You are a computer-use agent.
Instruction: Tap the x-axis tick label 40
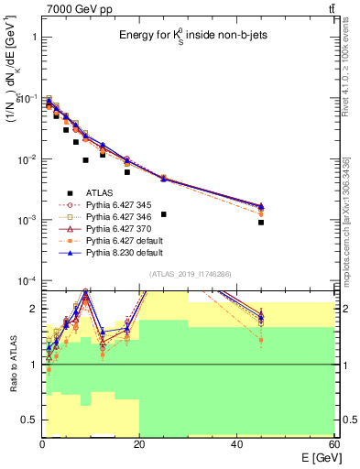pyautogui.click(x=237, y=443)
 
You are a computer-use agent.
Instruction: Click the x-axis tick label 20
pyautogui.click(x=139, y=443)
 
